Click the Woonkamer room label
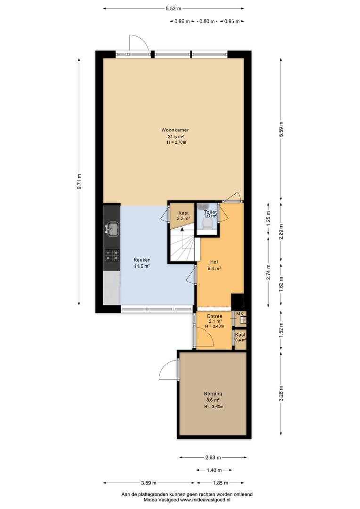point(175,130)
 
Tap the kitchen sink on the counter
point(112,229)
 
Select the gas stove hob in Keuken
point(112,255)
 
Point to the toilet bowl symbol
point(206,223)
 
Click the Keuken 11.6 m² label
point(142,263)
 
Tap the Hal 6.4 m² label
point(214,265)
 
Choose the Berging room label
point(213,394)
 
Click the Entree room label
point(214,316)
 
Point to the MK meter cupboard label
point(240,314)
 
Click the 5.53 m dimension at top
point(173,9)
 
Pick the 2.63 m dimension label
point(213,458)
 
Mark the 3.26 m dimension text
point(281,393)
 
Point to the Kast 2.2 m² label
point(183,216)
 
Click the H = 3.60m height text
point(213,407)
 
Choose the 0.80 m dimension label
point(207,21)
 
